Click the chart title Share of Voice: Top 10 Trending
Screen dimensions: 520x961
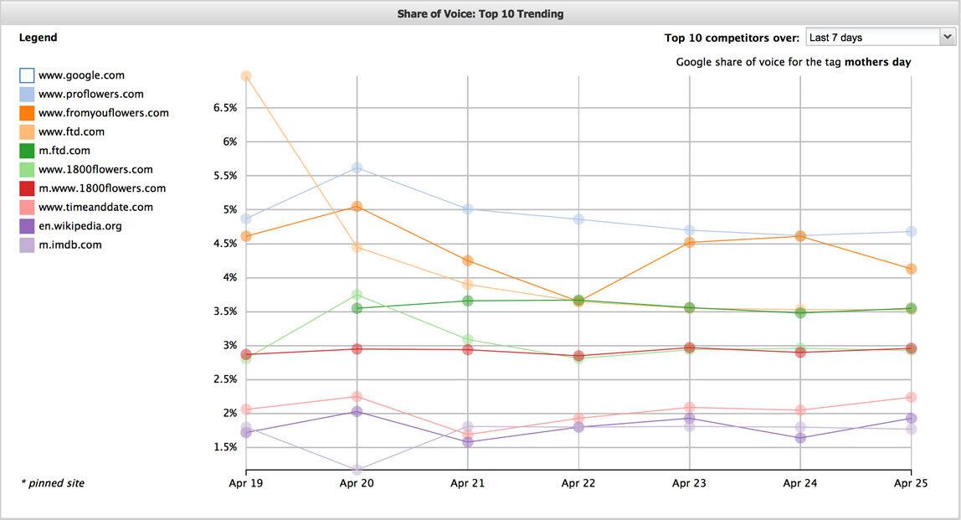click(480, 13)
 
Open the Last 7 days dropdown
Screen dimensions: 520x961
click(880, 37)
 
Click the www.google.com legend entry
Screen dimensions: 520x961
click(81, 75)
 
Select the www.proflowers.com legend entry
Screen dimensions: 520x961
click(90, 95)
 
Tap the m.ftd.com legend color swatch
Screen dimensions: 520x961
click(27, 151)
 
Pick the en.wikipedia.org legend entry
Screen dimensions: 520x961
click(80, 226)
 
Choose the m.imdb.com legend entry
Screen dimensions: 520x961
click(69, 245)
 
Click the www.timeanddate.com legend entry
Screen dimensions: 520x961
click(95, 208)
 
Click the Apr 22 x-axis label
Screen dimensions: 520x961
click(578, 483)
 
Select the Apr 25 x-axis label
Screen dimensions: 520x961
click(911, 483)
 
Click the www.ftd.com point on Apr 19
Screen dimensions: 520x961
click(246, 76)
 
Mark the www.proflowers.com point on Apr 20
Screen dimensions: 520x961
click(357, 168)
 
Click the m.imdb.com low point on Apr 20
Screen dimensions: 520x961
click(357, 471)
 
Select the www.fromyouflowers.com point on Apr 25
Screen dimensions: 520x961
click(911, 269)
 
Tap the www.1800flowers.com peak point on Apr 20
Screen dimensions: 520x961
click(357, 295)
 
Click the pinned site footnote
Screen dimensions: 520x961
click(52, 483)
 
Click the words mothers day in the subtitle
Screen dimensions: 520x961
click(877, 62)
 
